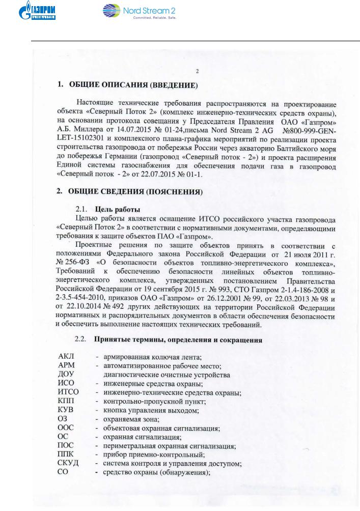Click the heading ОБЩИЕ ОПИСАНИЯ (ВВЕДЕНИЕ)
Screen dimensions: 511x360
(x=131, y=84)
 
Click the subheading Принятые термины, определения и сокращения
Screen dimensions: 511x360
(x=178, y=340)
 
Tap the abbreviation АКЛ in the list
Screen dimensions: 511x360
(x=67, y=357)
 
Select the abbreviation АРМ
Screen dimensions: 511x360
(x=67, y=366)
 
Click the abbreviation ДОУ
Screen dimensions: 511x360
(x=67, y=375)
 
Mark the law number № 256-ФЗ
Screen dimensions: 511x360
(x=74, y=264)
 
